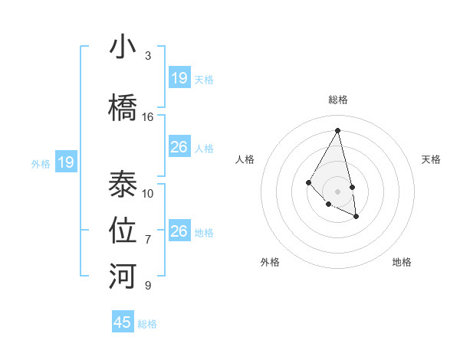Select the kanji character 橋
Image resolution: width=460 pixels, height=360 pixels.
(x=123, y=109)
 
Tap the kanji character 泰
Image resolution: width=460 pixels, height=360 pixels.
(x=123, y=185)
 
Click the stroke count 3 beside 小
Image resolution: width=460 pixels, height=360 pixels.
(x=148, y=56)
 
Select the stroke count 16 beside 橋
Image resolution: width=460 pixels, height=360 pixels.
(x=148, y=117)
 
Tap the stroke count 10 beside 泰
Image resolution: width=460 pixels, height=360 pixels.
(x=148, y=194)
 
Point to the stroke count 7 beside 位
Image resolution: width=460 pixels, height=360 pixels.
(x=148, y=240)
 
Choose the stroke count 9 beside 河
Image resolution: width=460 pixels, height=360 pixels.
(x=148, y=286)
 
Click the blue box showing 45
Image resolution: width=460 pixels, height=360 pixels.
(x=123, y=322)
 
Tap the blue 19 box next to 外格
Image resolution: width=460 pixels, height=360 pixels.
(x=66, y=162)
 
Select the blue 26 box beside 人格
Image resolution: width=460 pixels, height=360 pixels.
(x=179, y=147)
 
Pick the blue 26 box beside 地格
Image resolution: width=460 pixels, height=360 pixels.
(x=179, y=231)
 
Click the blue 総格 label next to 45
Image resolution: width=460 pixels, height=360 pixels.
(x=147, y=324)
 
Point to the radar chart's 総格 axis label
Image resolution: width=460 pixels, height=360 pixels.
(x=338, y=100)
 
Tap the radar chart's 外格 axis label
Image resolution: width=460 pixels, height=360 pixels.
(x=270, y=262)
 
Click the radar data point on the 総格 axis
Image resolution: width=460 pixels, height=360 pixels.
(x=338, y=131)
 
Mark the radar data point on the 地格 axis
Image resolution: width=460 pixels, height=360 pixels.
(x=356, y=217)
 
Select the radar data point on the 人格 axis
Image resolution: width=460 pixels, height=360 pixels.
(x=308, y=182)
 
